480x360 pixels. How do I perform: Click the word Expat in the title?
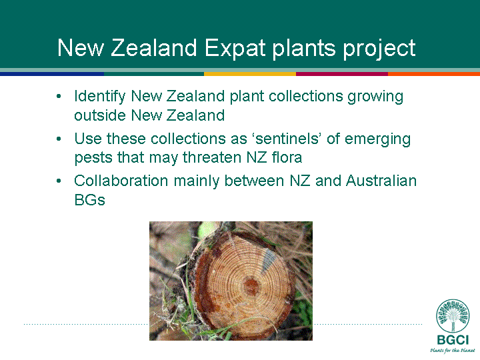(x=235, y=49)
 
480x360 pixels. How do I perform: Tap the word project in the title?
(x=379, y=49)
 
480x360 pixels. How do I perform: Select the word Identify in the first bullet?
(x=100, y=97)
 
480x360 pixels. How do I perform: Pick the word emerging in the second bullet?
(x=378, y=139)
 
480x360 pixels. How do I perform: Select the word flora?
(x=287, y=157)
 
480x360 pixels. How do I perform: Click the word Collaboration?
(x=121, y=181)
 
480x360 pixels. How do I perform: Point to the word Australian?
(x=381, y=181)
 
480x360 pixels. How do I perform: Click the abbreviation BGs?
(x=90, y=200)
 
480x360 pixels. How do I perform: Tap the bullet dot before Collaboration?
(x=59, y=181)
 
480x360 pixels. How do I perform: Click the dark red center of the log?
(x=251, y=286)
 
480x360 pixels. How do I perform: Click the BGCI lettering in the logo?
(x=453, y=339)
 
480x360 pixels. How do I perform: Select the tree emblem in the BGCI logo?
(x=453, y=316)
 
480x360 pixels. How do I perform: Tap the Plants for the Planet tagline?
(x=453, y=350)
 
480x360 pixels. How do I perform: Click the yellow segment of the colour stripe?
(x=250, y=74)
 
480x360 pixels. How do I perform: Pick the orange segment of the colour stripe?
(x=434, y=74)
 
